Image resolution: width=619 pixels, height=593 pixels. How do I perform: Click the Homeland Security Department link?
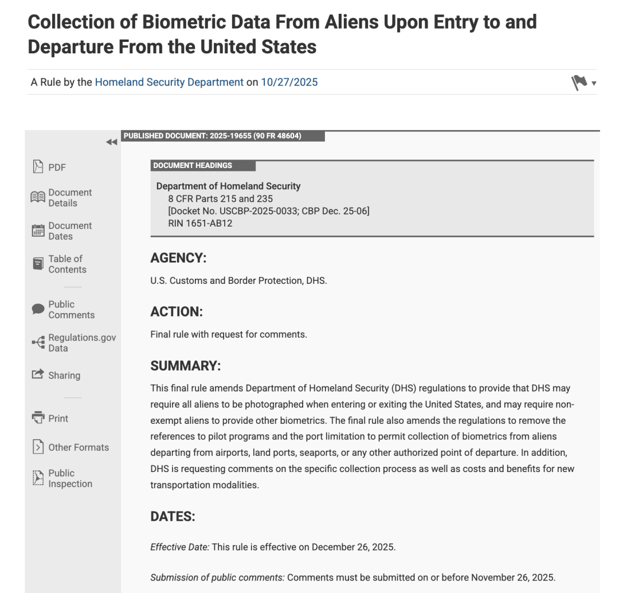click(169, 82)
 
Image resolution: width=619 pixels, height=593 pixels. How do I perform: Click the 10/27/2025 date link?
click(289, 82)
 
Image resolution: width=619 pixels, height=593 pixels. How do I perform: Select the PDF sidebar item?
click(57, 167)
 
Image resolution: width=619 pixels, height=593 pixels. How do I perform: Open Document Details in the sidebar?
click(70, 198)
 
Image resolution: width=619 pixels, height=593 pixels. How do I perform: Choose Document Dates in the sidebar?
click(70, 231)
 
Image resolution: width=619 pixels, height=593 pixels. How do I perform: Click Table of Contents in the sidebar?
click(67, 264)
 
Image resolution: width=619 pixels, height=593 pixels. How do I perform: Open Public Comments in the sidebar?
click(71, 310)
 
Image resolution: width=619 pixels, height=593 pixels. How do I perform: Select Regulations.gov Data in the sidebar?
click(81, 343)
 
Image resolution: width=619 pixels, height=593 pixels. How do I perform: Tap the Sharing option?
click(64, 376)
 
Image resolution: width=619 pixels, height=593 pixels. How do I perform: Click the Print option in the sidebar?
click(58, 419)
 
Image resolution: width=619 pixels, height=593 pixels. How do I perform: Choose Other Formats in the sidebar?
click(78, 447)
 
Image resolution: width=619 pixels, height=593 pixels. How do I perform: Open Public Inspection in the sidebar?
click(70, 478)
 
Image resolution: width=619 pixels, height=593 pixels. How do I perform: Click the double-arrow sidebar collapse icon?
click(112, 143)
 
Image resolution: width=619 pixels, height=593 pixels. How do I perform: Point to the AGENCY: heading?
click(178, 259)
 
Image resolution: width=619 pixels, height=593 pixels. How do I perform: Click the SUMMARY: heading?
click(185, 366)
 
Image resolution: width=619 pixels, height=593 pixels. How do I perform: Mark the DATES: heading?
click(173, 517)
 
